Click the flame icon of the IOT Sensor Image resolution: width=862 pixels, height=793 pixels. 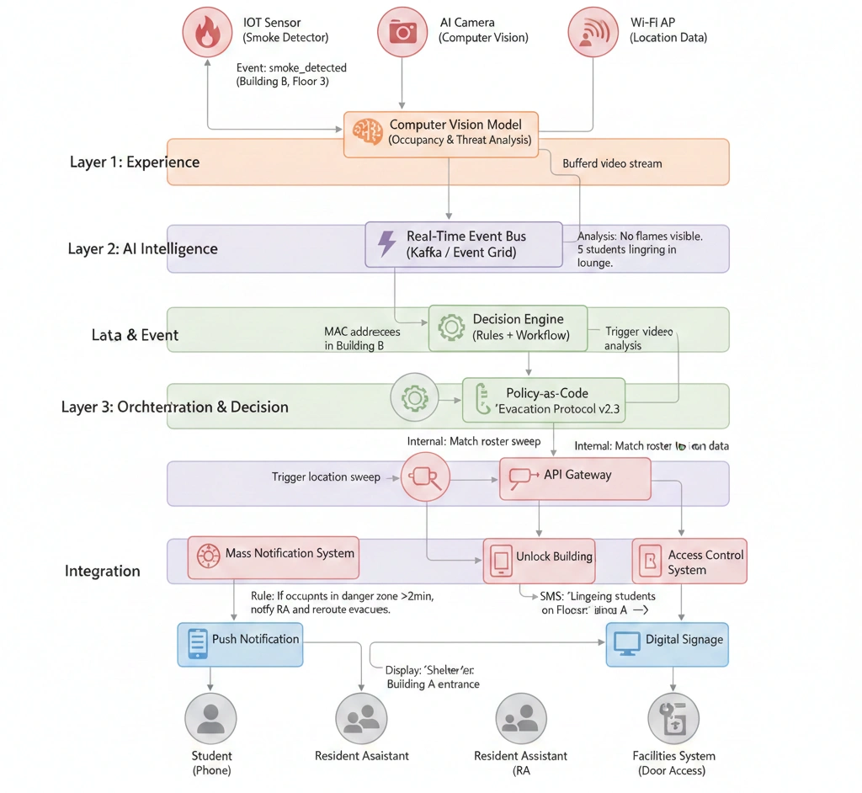click(x=207, y=32)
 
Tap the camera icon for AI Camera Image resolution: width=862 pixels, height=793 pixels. click(x=402, y=32)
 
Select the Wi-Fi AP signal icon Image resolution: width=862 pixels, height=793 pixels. click(x=593, y=32)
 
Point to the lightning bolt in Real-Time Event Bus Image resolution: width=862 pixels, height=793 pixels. click(x=386, y=243)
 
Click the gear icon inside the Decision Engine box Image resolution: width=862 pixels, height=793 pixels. click(x=451, y=327)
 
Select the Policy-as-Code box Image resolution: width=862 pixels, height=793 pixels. click(x=544, y=400)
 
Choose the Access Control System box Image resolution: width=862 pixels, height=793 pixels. click(x=689, y=561)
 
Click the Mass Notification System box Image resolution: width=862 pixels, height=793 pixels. click(x=273, y=556)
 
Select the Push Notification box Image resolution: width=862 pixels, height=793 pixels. click(x=240, y=644)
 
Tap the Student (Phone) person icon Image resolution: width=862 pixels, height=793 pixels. click(x=210, y=718)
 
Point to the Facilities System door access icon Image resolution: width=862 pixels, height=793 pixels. click(x=673, y=718)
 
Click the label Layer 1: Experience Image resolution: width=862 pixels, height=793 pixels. click(x=135, y=162)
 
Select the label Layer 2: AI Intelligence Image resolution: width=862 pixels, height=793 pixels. click(x=142, y=248)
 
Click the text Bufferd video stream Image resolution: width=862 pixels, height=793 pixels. click(x=612, y=163)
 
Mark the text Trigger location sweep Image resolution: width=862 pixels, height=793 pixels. click(x=325, y=476)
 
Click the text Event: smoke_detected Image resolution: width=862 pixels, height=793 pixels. click(x=292, y=67)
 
